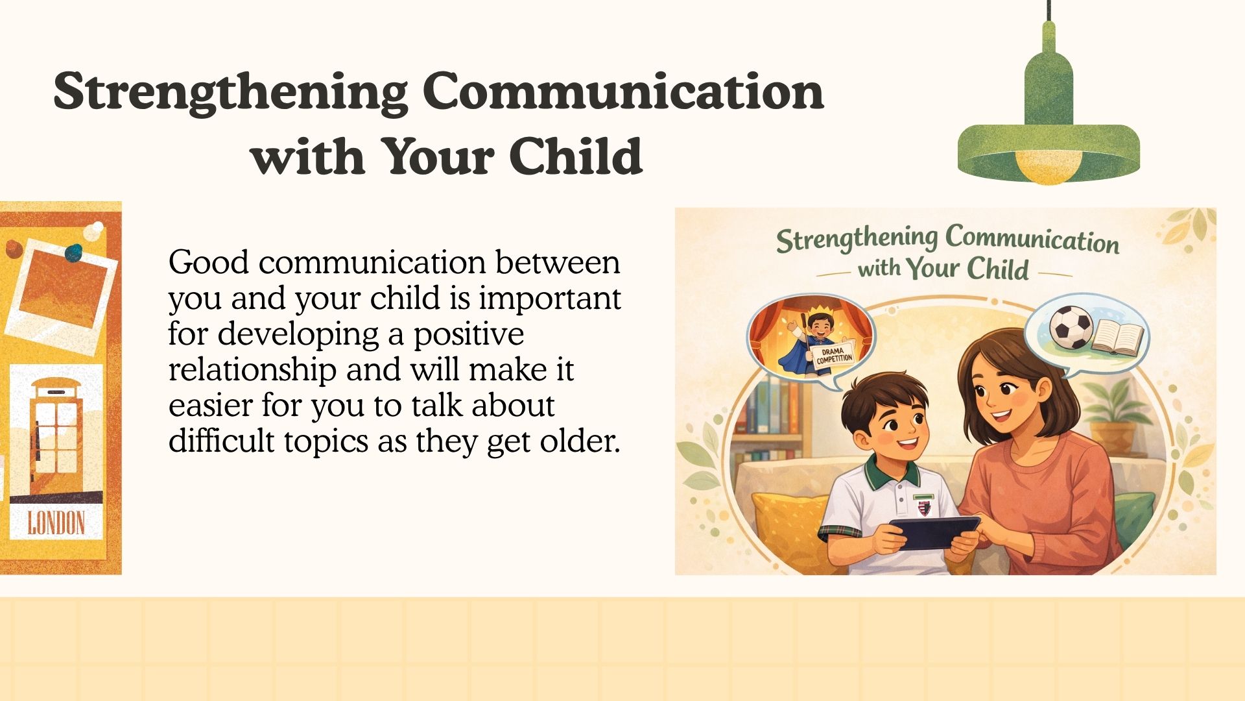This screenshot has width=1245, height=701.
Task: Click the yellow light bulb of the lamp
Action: click(1048, 166)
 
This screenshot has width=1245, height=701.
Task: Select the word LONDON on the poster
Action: click(56, 523)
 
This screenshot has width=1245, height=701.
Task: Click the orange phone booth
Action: click(56, 435)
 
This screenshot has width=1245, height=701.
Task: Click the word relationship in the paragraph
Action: click(252, 370)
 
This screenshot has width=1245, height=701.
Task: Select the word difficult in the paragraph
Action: click(222, 440)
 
